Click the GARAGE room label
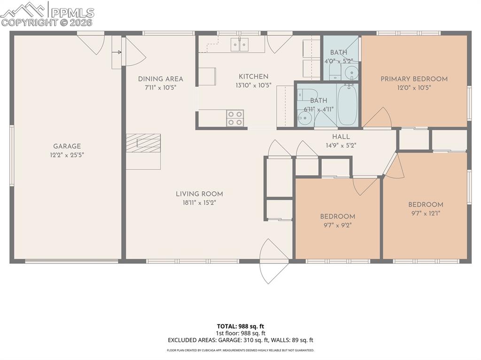click(x=67, y=146)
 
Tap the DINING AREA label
click(x=161, y=79)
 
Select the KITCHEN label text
click(x=254, y=77)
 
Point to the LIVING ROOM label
click(x=200, y=194)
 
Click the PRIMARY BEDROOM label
click(x=414, y=79)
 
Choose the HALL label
click(x=341, y=137)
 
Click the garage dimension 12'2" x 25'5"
click(x=67, y=155)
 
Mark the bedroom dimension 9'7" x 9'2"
click(x=338, y=225)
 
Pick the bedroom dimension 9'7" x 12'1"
click(x=426, y=213)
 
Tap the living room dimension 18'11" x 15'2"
click(x=200, y=202)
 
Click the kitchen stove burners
click(x=235, y=118)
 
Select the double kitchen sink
click(x=240, y=45)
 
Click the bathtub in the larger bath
click(x=348, y=105)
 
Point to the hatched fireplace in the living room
click(x=143, y=142)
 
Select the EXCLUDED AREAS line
click(x=240, y=340)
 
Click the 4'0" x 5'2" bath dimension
click(x=339, y=61)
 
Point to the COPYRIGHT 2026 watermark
click(x=47, y=22)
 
